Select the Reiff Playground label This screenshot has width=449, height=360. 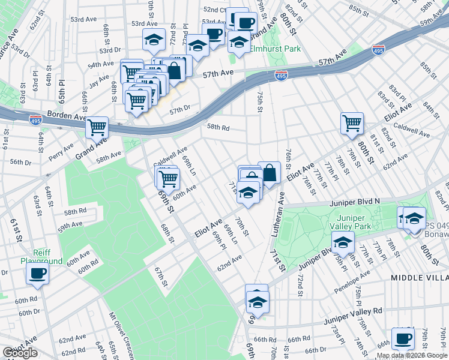pos(41,257)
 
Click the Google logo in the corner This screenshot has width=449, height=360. pos(20,353)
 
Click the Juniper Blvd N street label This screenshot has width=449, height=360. pos(355,202)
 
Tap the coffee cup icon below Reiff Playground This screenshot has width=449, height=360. pos(37,274)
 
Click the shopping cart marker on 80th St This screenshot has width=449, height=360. pos(352,123)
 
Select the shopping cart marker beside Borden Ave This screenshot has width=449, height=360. pos(97,127)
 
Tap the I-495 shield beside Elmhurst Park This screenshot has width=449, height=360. pos(281,75)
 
